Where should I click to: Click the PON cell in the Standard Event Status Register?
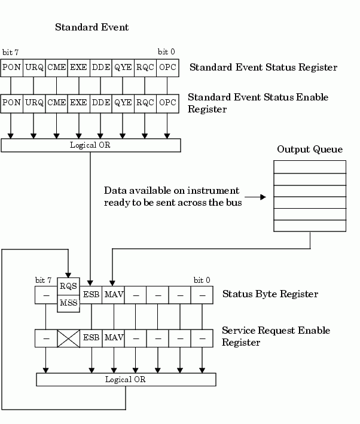point(12,67)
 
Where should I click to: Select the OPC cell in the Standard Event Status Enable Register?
point(168,102)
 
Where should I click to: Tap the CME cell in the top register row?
point(57,67)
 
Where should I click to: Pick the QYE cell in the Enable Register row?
point(123,102)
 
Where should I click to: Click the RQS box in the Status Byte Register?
point(68,286)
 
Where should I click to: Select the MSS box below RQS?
point(68,303)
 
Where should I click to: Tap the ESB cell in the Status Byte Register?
point(91,294)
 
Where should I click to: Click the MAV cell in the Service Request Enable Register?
point(114,337)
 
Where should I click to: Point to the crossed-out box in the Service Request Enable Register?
point(68,338)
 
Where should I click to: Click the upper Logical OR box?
point(91,145)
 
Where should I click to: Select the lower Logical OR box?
point(126,379)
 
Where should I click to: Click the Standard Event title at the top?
point(91,27)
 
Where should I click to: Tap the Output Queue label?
point(310,149)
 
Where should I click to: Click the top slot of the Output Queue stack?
point(310,167)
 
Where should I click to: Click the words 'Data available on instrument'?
point(172,191)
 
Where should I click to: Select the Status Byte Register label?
point(270,294)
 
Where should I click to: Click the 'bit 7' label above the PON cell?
point(10,52)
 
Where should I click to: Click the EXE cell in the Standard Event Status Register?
point(78,67)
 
